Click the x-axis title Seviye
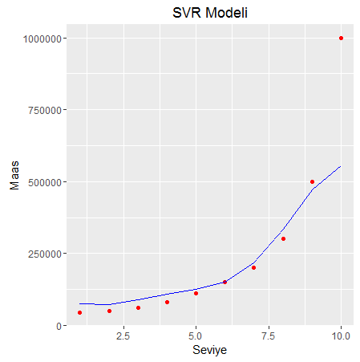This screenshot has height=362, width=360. (210, 351)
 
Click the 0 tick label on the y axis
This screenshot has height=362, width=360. (60, 326)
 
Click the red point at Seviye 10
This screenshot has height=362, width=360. (341, 38)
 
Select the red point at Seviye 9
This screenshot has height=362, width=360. (312, 181)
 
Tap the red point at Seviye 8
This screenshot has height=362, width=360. (283, 238)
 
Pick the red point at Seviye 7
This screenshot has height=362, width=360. (253, 267)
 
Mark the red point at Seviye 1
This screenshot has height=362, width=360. (80, 312)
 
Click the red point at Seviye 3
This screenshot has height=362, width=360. (138, 307)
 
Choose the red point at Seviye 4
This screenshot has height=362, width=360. (167, 302)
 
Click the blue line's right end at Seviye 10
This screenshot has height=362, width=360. (341, 166)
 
